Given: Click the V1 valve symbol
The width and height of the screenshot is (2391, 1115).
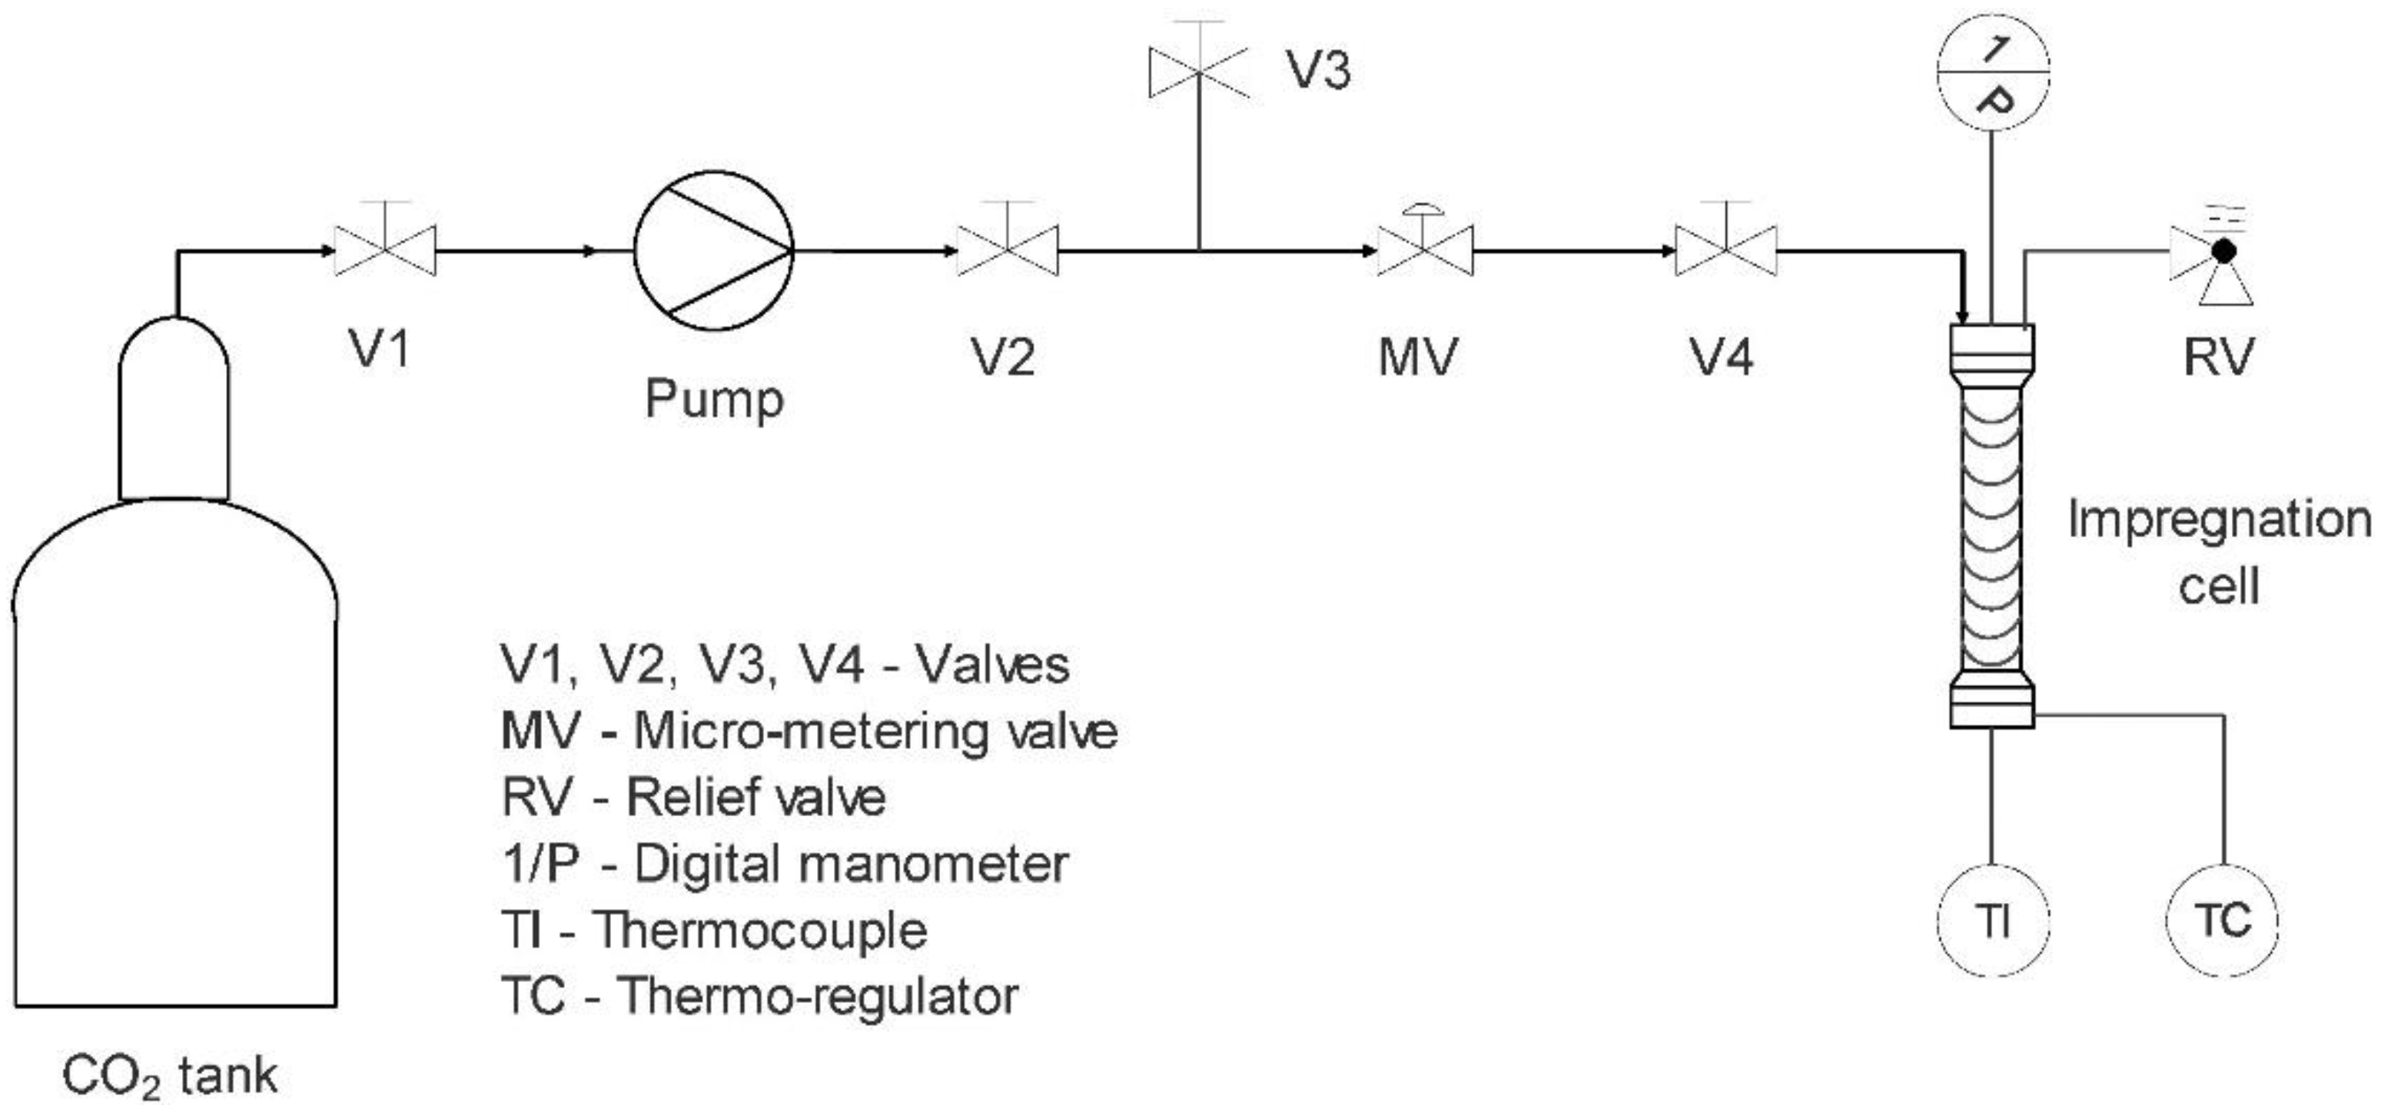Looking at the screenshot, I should coord(385,251).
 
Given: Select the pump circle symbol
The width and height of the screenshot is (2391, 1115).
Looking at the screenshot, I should coord(713,250).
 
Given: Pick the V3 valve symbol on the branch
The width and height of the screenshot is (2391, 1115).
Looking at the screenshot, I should coord(1198,71).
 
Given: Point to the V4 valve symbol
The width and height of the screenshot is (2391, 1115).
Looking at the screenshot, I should coord(1725,251).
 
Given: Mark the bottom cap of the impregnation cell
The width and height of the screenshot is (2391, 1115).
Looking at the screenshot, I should coord(1992,705).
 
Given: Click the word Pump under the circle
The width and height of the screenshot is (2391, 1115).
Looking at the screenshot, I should coord(714,400).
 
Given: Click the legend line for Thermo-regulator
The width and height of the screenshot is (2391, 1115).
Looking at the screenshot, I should coord(759,996).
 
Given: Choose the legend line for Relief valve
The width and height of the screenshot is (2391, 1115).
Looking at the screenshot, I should coord(693,798).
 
